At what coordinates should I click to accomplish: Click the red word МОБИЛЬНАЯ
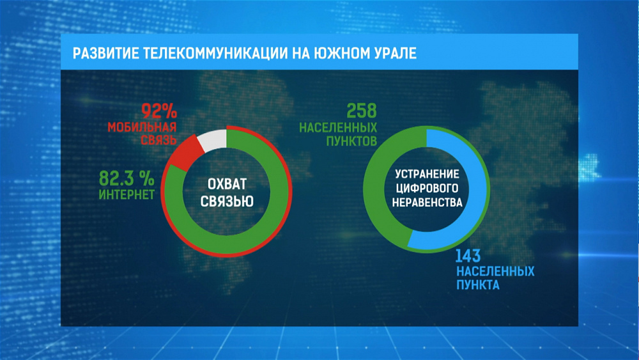click(x=140, y=127)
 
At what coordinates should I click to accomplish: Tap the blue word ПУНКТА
click(x=477, y=285)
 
